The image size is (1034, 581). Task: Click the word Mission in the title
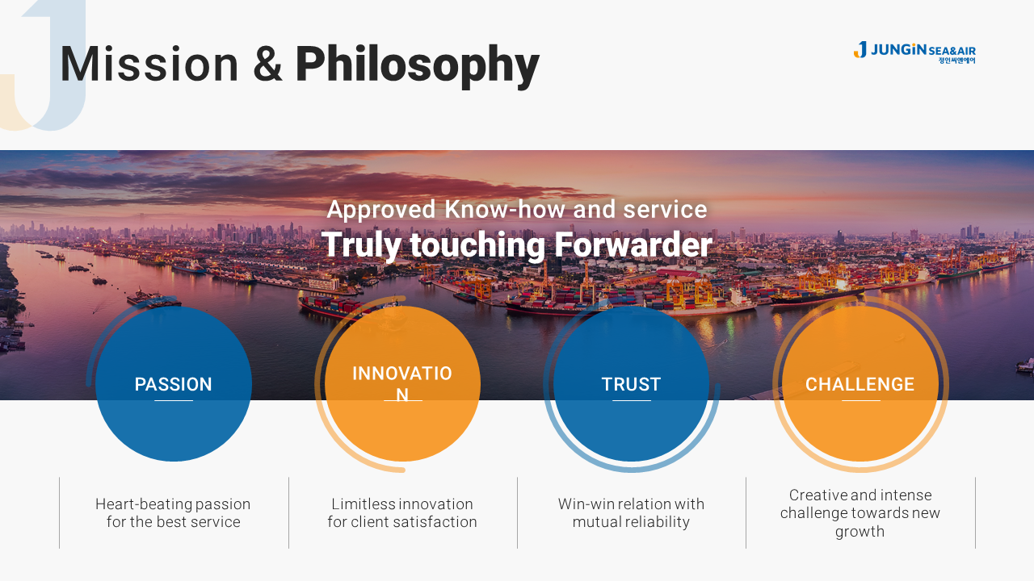[x=149, y=64]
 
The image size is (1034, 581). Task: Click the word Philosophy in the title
[x=418, y=66]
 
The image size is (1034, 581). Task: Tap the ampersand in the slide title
[x=267, y=64]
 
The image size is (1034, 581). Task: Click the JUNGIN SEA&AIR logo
[x=914, y=52]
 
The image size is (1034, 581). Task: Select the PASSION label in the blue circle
[x=173, y=384]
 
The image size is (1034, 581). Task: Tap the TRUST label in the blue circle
[x=631, y=384]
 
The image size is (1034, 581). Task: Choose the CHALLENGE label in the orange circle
[x=860, y=384]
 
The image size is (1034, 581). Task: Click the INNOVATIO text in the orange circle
[x=402, y=373]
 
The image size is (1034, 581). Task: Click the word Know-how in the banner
[x=505, y=209]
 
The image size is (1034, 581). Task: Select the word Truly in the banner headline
[x=361, y=245]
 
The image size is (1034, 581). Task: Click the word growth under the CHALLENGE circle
[x=860, y=532]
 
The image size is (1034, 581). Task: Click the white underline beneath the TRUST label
[x=631, y=401]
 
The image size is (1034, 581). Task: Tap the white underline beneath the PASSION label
[x=173, y=401]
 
